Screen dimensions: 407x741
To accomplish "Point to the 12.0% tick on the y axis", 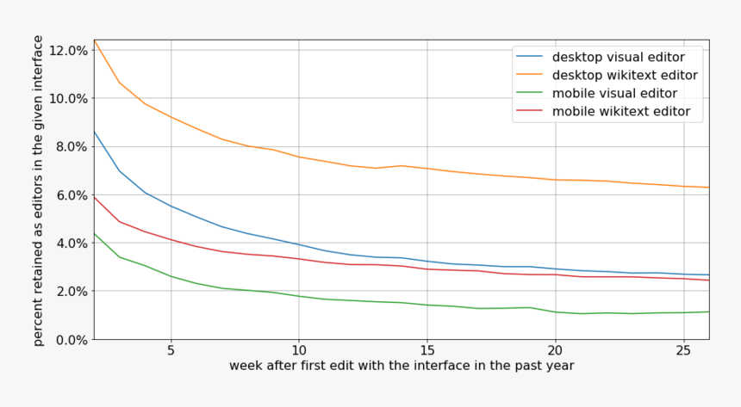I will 67,50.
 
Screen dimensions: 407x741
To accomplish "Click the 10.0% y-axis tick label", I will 67,98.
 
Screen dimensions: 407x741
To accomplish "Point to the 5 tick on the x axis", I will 171,351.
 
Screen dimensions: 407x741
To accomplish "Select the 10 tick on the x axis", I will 298,351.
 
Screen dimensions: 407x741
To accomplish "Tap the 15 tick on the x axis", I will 427,351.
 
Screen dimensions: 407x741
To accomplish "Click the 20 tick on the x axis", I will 555,351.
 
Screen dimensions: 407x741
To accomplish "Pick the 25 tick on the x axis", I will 682,351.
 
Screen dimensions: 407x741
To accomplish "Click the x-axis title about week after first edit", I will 402,366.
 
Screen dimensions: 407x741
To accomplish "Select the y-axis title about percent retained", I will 38,190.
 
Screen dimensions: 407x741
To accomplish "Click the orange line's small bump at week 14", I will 401,165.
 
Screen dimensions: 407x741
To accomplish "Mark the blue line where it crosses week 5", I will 171,206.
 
